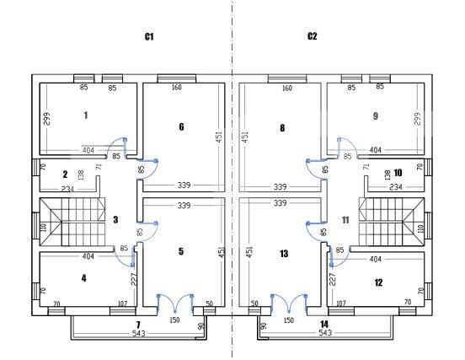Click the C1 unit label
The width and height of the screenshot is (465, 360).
click(x=149, y=36)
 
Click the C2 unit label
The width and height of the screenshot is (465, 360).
click(x=312, y=36)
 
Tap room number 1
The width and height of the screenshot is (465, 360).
click(x=86, y=115)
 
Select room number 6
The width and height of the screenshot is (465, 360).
click(x=181, y=126)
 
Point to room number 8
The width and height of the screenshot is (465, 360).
click(x=282, y=128)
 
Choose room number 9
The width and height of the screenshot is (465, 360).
click(x=376, y=116)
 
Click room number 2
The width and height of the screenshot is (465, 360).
click(x=65, y=175)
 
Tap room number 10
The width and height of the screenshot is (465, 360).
click(x=398, y=173)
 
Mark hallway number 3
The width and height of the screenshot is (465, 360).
click(x=115, y=219)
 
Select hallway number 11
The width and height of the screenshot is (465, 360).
click(x=345, y=220)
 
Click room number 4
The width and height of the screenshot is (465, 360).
click(x=84, y=278)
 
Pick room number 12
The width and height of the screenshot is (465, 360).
click(x=378, y=282)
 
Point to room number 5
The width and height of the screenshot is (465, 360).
click(x=181, y=251)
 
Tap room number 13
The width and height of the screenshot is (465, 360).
click(x=284, y=254)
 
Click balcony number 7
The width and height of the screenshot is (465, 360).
click(x=138, y=325)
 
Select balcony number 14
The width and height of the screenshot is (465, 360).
click(x=324, y=324)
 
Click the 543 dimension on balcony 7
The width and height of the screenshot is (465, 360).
click(x=138, y=334)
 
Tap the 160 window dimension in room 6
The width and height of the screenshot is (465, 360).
click(x=176, y=87)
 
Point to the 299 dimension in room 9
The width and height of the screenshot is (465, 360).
click(x=417, y=119)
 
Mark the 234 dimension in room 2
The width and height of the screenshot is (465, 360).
click(x=67, y=189)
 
